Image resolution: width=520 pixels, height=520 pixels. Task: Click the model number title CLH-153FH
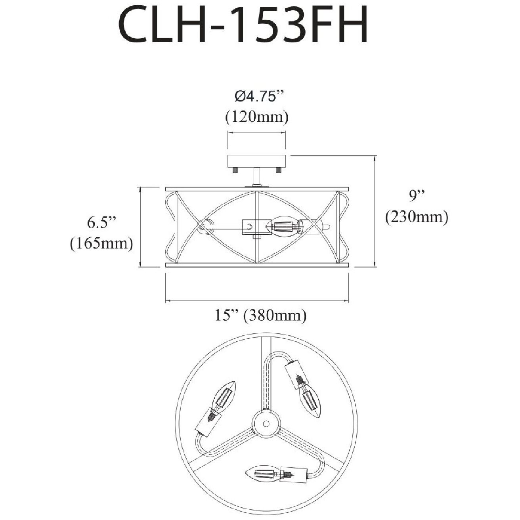point(243,25)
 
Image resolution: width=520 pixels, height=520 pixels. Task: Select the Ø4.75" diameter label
point(259,96)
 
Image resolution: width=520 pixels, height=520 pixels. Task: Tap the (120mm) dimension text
point(256,117)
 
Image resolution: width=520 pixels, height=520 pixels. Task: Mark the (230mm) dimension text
point(417,216)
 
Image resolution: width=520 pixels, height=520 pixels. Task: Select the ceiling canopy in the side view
point(256,161)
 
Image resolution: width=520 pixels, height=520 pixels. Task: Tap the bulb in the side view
point(283,226)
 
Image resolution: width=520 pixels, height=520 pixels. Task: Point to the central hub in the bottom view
point(264,422)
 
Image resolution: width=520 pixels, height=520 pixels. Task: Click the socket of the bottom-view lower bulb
point(293,473)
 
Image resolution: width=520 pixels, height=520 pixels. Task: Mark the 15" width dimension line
point(256,301)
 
